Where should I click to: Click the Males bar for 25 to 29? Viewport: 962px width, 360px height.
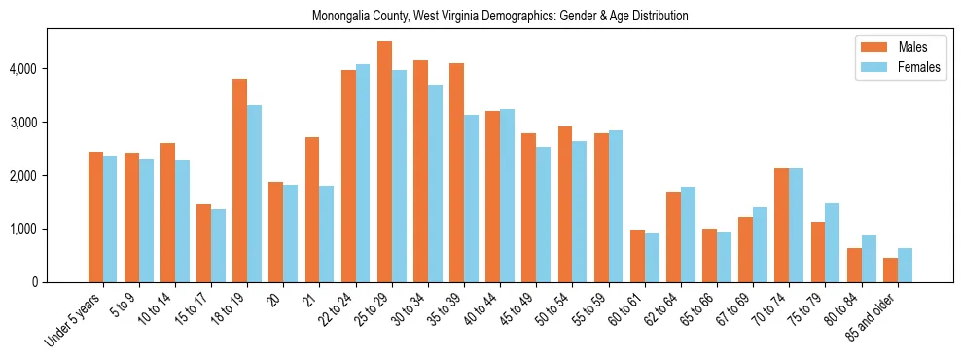(384, 162)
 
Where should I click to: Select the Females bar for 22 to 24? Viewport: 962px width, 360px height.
(363, 173)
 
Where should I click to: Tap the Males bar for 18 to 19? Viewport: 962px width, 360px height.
(239, 180)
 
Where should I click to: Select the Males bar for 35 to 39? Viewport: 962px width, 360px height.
(456, 172)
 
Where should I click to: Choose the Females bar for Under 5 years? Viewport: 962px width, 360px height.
(110, 219)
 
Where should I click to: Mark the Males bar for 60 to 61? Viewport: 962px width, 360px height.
(637, 256)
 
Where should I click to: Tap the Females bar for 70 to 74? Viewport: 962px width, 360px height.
(796, 225)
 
